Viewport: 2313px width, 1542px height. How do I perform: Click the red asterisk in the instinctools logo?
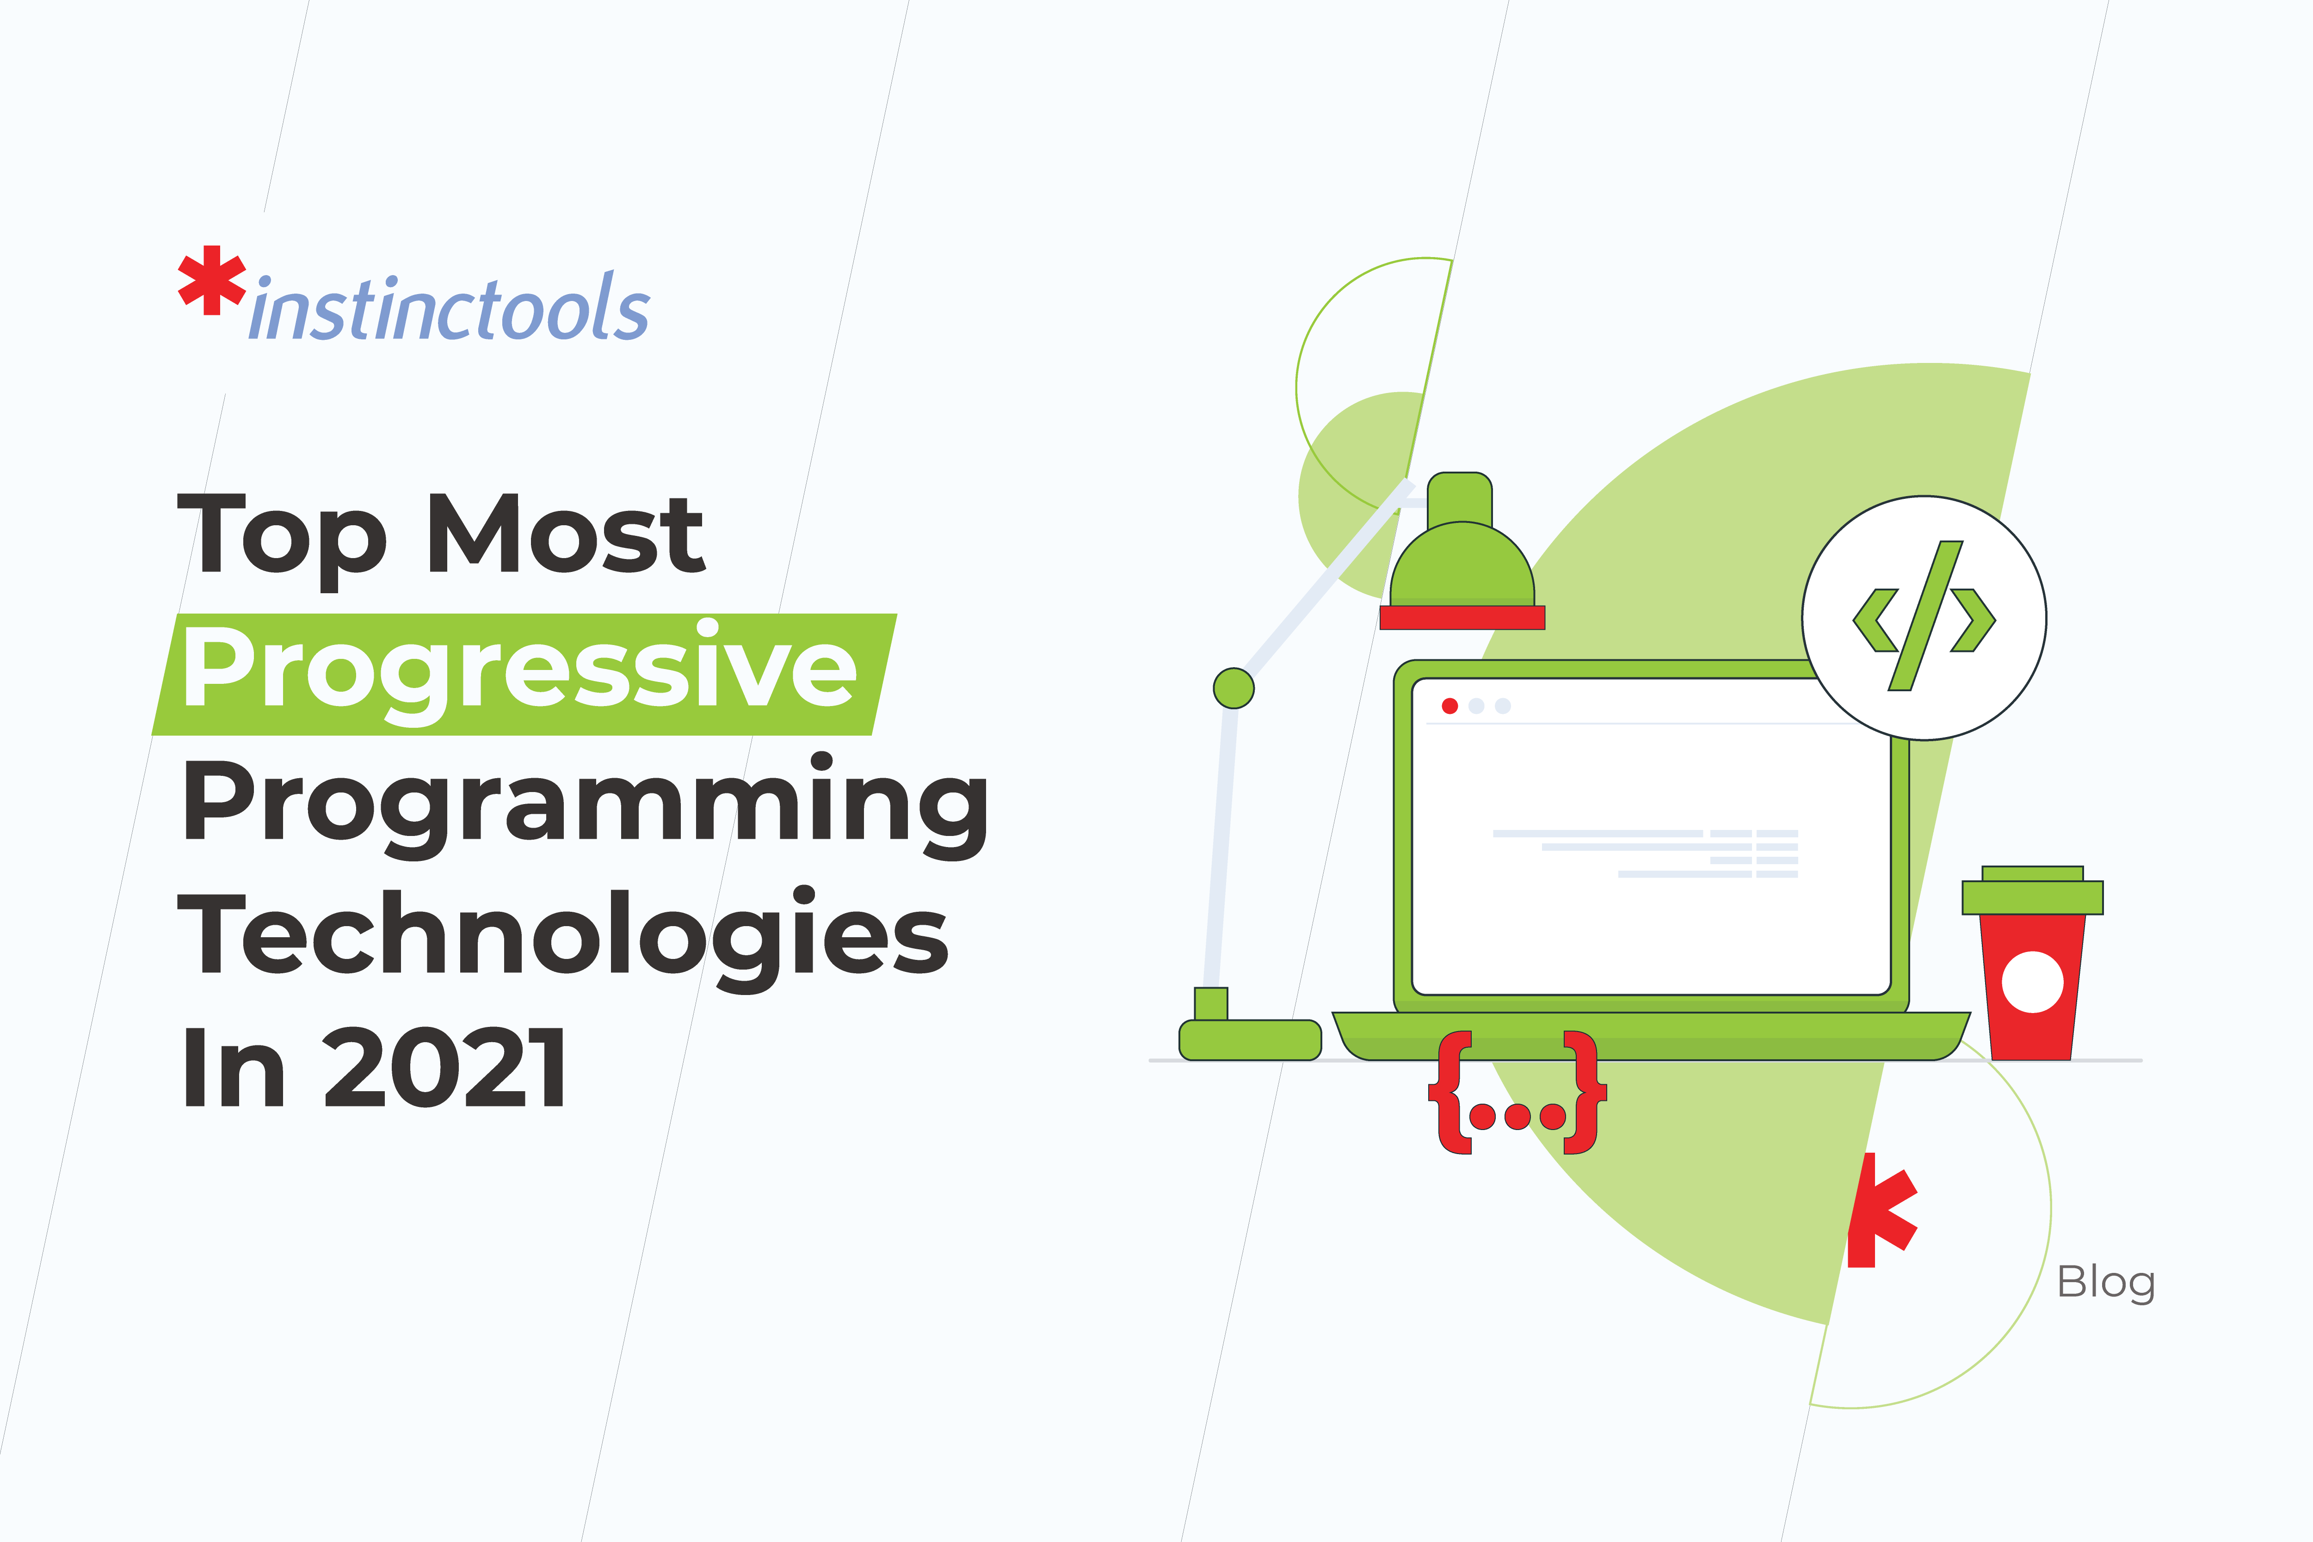[211, 280]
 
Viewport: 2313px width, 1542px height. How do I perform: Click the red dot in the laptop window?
[1449, 706]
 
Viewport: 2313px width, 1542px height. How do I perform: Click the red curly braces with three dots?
[1517, 1093]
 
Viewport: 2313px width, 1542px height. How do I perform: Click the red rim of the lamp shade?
[1462, 618]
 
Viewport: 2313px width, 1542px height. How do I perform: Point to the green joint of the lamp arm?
[1233, 688]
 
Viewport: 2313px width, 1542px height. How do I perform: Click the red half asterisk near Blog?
[1880, 1210]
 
